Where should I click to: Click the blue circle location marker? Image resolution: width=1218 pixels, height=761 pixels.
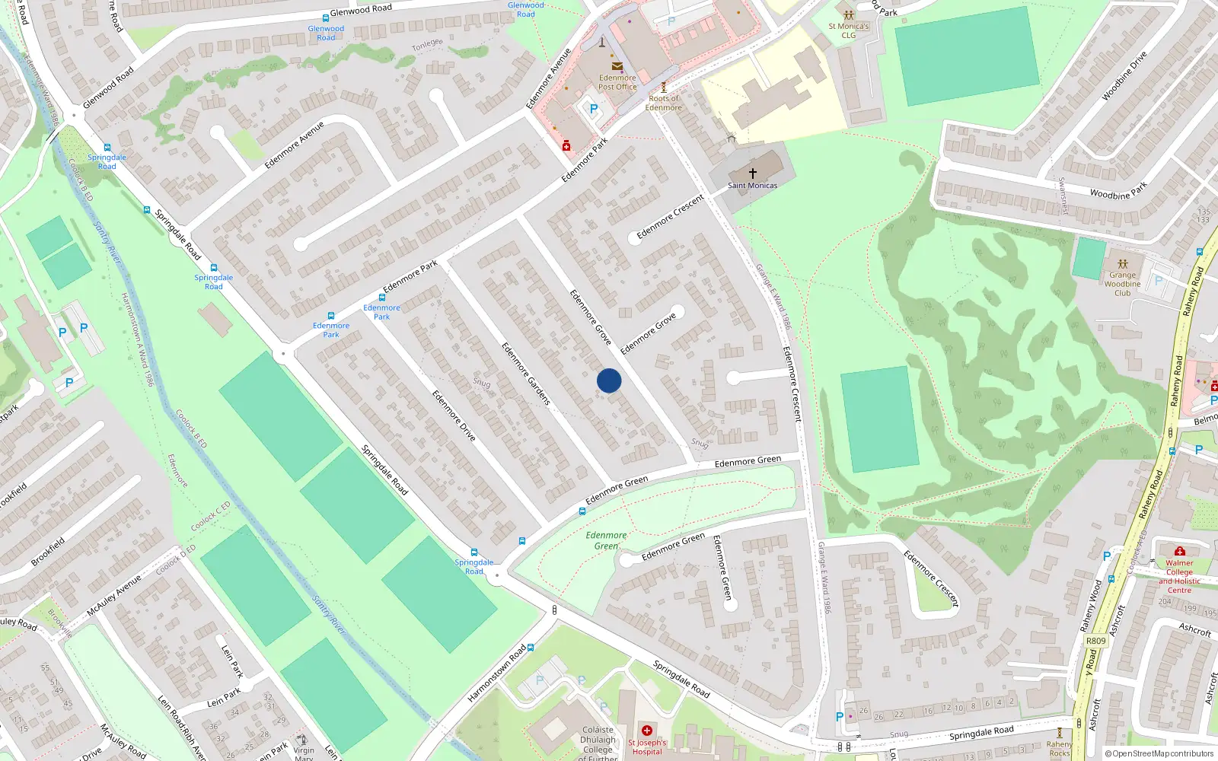(x=609, y=380)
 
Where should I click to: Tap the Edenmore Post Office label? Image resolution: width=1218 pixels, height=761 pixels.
(x=617, y=82)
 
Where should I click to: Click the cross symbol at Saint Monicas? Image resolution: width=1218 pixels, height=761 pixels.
(x=753, y=174)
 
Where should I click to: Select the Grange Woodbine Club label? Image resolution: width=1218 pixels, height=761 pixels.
(x=1122, y=284)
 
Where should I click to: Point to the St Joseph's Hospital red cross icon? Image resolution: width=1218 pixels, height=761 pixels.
(x=647, y=731)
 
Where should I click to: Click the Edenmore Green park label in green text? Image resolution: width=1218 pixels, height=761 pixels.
(x=606, y=540)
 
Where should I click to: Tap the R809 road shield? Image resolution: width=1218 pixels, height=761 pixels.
(x=1095, y=641)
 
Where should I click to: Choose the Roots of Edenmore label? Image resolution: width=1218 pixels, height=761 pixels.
(x=664, y=103)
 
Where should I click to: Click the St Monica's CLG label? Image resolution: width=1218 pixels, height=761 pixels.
(x=849, y=30)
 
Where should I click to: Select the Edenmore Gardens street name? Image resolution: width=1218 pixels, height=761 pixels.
(x=525, y=373)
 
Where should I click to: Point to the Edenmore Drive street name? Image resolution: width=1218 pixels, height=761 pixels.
(x=454, y=416)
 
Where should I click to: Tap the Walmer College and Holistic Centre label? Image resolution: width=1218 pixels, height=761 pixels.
(x=1179, y=576)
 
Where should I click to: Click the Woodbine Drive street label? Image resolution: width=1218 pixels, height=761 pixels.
(x=1124, y=76)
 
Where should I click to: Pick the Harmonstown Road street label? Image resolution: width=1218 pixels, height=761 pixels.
(x=496, y=674)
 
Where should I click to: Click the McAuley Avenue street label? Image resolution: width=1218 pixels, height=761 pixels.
(x=114, y=595)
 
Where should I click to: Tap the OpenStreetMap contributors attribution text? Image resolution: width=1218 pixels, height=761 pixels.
(x=1159, y=753)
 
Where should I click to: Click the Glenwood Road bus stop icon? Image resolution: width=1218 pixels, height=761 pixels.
(x=326, y=18)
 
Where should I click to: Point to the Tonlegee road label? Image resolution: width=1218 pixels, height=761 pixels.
(x=427, y=46)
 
